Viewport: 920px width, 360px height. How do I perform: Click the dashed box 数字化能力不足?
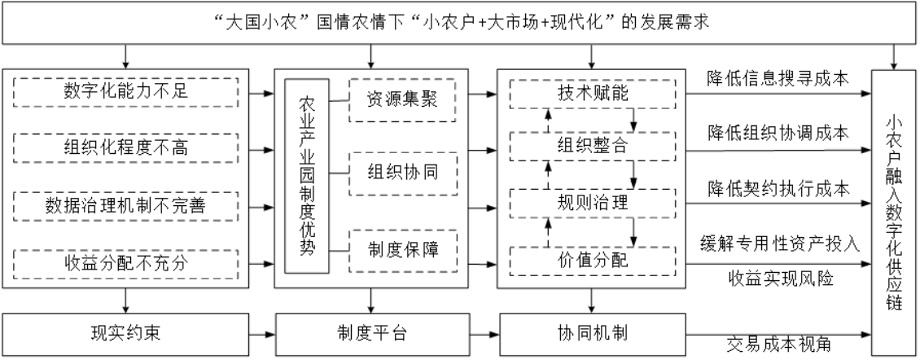125,92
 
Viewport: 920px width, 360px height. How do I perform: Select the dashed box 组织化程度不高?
125,148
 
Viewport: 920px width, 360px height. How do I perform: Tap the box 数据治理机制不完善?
125,205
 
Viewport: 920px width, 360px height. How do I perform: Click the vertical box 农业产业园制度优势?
307,176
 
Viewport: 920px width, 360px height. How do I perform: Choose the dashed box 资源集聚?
402,100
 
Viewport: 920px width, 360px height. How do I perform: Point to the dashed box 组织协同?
402,173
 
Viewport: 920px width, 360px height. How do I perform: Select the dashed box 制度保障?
402,251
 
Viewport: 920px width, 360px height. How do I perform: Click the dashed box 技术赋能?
592,94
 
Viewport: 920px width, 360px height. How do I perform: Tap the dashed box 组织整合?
592,147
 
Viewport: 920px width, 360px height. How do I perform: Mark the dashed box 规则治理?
592,203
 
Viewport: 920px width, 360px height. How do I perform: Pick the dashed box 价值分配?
592,261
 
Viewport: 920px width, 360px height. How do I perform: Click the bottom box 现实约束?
125,334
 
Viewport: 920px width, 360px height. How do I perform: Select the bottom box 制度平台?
372,334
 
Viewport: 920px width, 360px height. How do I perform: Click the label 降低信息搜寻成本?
778,78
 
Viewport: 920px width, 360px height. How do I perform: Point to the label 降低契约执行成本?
778,189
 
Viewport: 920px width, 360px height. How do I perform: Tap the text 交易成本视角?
778,345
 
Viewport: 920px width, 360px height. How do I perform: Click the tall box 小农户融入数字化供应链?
894,213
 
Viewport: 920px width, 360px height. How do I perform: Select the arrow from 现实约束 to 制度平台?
261,335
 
